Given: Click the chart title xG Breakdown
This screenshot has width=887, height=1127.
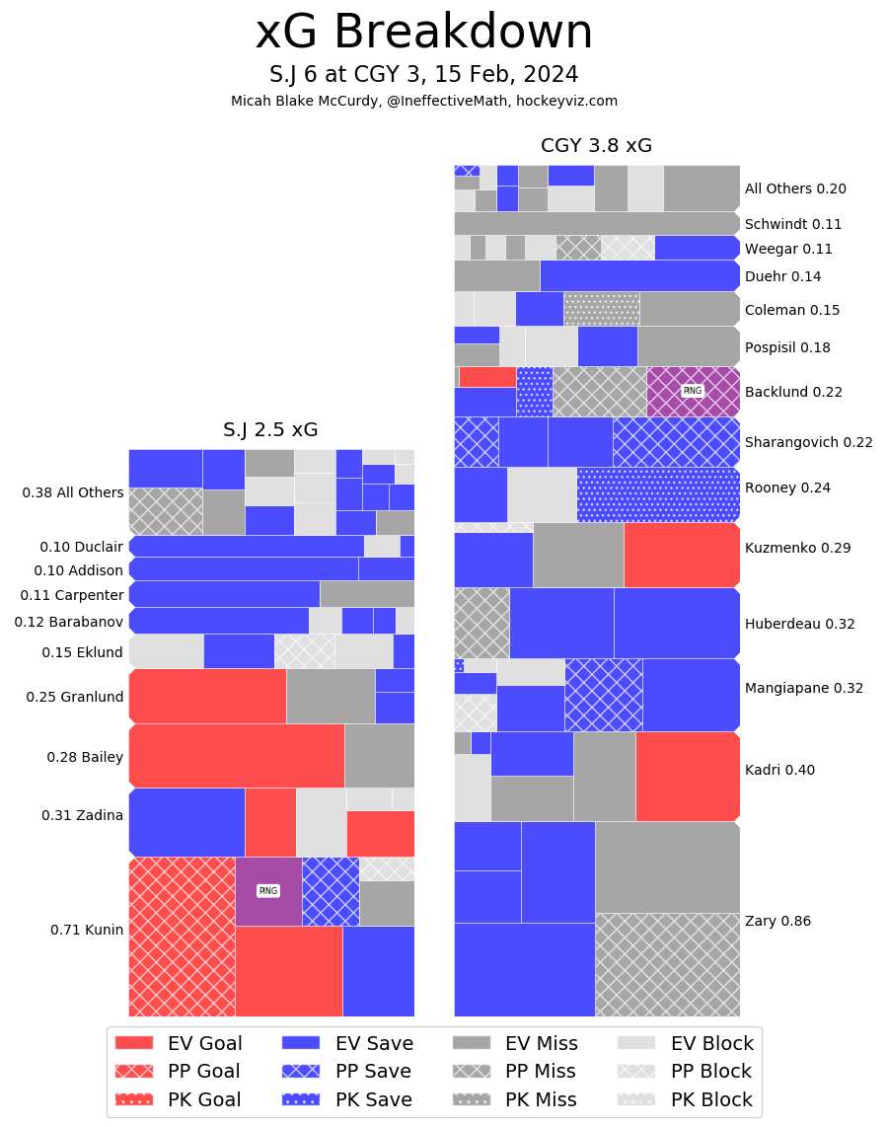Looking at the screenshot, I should click(x=424, y=33).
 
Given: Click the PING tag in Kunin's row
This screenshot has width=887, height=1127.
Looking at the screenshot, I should click(x=267, y=891).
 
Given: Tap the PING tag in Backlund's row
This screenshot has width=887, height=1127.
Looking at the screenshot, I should click(x=693, y=391).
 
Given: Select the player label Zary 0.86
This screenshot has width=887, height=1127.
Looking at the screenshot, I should click(x=777, y=921).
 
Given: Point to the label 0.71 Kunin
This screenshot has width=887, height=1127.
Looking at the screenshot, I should click(x=87, y=929).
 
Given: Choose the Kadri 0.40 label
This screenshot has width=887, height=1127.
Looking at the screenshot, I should click(x=779, y=770).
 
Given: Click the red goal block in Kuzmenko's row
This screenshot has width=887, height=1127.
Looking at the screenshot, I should click(x=682, y=555).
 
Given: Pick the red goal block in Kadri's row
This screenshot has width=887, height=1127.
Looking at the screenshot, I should click(x=688, y=777).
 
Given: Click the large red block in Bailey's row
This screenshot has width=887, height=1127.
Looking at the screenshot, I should click(x=237, y=756).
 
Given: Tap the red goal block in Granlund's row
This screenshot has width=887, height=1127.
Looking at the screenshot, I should click(x=207, y=696).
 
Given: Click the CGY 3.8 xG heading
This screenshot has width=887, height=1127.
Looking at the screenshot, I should click(x=596, y=146).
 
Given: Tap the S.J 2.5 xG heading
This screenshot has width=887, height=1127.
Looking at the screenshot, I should click(x=270, y=430).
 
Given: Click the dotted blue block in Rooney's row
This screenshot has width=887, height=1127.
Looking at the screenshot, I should click(x=658, y=494).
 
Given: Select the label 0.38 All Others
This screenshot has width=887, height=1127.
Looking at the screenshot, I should click(x=73, y=492).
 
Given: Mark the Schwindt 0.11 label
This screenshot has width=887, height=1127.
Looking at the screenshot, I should click(x=793, y=224).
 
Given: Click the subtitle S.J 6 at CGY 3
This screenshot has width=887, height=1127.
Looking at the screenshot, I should click(x=424, y=75).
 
